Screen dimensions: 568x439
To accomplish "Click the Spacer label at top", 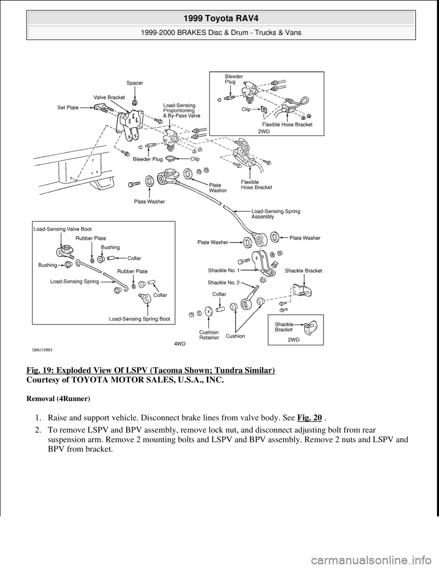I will (x=135, y=83).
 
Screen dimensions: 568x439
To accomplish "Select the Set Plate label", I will (x=67, y=107).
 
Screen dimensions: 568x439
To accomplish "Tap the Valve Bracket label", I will (x=109, y=97).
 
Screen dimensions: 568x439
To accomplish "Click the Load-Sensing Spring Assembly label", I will (x=276, y=214).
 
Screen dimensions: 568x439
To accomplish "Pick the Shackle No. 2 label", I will (x=223, y=283).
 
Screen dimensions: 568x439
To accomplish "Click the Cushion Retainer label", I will (x=209, y=335).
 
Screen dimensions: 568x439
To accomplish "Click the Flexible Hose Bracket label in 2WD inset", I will (x=288, y=124).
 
